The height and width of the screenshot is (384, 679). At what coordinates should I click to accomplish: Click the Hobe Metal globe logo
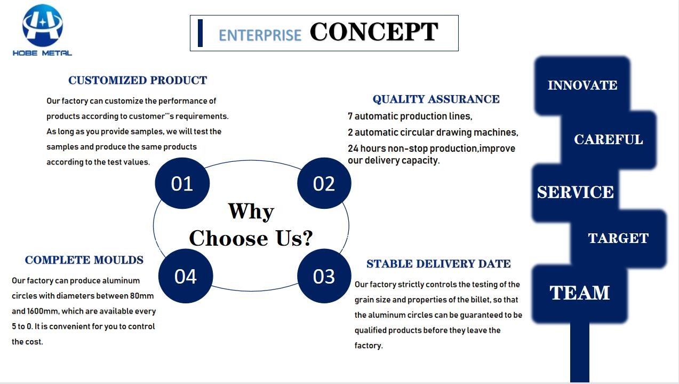pyautogui.click(x=43, y=25)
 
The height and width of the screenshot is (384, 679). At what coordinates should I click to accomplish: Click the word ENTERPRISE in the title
pyautogui.click(x=260, y=35)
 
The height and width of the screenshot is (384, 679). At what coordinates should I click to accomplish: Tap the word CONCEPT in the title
pyautogui.click(x=374, y=32)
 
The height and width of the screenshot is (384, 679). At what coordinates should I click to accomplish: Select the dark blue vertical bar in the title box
pyautogui.click(x=200, y=33)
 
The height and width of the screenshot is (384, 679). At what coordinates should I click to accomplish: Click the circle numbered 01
pyautogui.click(x=182, y=183)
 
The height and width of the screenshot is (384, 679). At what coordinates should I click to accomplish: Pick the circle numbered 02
pyautogui.click(x=324, y=183)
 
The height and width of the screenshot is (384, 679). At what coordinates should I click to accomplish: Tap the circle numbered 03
pyautogui.click(x=324, y=276)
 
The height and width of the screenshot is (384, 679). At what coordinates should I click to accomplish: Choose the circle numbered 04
pyautogui.click(x=186, y=276)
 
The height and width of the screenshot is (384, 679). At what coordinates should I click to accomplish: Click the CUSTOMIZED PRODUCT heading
pyautogui.click(x=138, y=80)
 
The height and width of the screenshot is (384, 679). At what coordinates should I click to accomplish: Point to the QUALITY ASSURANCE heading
pyautogui.click(x=436, y=99)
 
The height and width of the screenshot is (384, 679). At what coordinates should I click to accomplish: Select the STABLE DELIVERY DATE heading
pyautogui.click(x=438, y=263)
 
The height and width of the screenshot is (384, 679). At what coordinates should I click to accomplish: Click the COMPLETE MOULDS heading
pyautogui.click(x=84, y=260)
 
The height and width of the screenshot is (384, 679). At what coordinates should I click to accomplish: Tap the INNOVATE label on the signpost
pyautogui.click(x=582, y=85)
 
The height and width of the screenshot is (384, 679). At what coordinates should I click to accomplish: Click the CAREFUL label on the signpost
pyautogui.click(x=609, y=139)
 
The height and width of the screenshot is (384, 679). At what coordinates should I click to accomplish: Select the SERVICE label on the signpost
pyautogui.click(x=576, y=192)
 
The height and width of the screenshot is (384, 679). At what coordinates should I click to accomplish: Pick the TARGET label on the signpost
pyautogui.click(x=618, y=238)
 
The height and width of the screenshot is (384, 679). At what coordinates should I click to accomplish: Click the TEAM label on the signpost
pyautogui.click(x=580, y=293)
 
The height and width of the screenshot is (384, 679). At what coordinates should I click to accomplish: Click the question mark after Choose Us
pyautogui.click(x=307, y=238)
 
